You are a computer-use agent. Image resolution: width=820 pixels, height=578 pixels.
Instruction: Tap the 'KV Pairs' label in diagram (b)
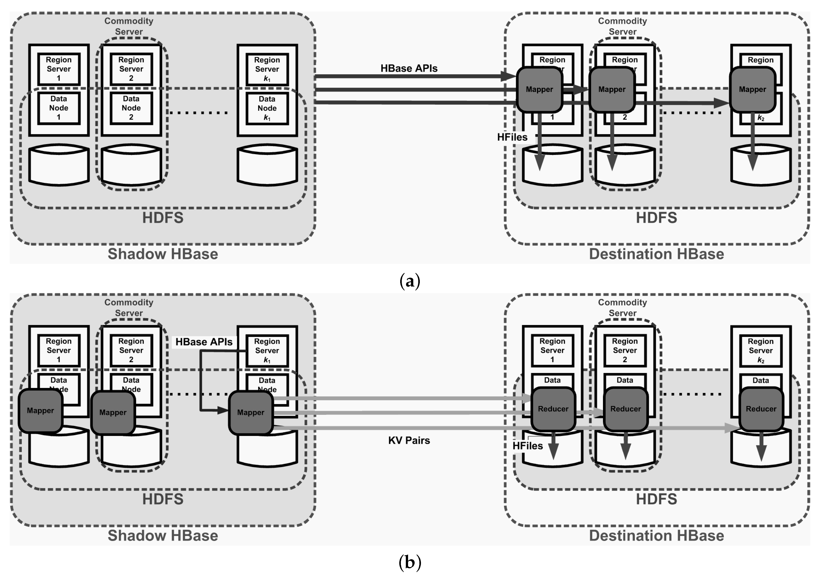pos(409,440)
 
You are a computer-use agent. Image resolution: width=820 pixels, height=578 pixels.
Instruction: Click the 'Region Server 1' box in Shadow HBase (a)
pos(58,69)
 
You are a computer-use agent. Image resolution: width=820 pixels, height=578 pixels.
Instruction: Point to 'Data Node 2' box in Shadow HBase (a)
pos(131,108)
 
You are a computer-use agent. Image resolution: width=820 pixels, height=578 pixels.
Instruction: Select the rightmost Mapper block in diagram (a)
pos(752,89)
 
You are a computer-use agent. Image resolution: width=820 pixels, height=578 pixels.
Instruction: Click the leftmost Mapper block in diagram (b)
pos(40,411)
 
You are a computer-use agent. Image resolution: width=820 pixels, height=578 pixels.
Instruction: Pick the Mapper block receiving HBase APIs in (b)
pos(251,413)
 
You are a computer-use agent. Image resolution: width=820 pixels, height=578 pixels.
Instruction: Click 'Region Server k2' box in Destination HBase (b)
pos(760,350)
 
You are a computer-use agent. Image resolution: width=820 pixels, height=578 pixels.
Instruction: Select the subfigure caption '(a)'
pos(410,281)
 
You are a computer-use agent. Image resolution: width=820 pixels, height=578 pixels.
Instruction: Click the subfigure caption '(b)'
pos(410,563)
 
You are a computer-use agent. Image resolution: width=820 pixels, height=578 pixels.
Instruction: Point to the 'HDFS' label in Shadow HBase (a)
pos(163,218)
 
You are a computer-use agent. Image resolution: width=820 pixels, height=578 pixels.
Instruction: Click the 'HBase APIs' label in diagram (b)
pos(204,342)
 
